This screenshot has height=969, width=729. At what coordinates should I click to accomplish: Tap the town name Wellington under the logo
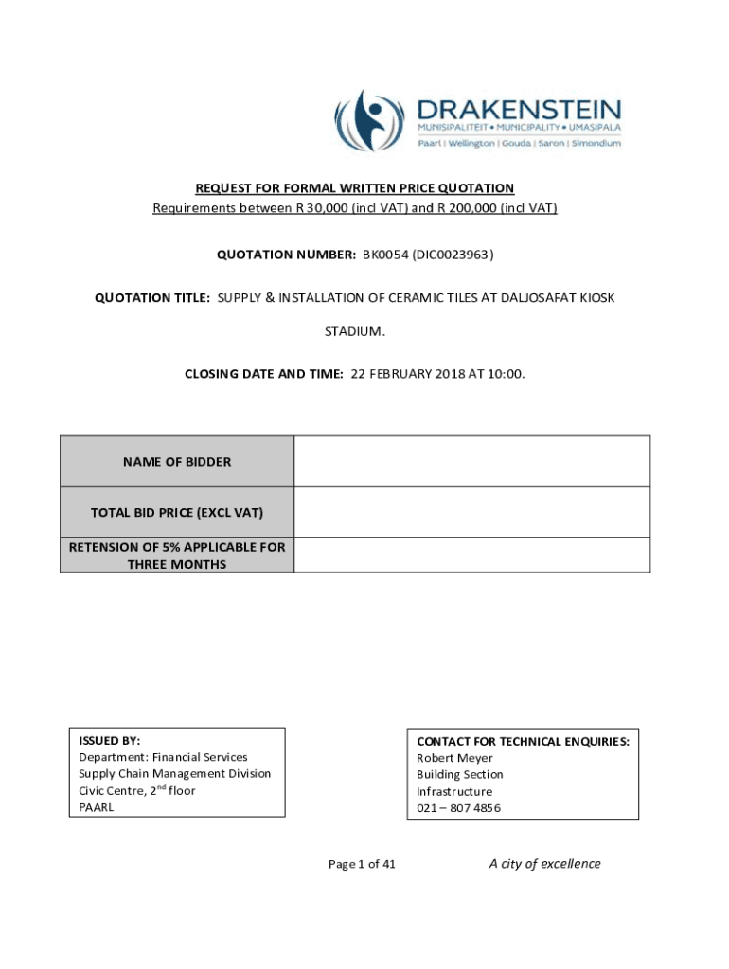(x=471, y=143)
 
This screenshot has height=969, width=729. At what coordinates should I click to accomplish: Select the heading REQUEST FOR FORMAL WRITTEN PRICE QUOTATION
(x=355, y=188)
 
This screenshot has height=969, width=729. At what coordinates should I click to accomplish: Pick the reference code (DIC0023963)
(x=453, y=255)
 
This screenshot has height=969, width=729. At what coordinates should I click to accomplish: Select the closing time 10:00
(x=506, y=374)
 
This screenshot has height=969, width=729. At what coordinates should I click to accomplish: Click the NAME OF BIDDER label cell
(x=177, y=462)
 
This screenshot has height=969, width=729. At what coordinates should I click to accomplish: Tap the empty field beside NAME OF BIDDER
(x=471, y=462)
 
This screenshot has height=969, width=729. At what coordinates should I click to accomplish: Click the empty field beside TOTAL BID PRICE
(x=471, y=513)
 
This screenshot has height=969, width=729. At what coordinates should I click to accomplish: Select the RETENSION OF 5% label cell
(x=177, y=555)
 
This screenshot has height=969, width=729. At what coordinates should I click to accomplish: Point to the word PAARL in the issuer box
(x=97, y=807)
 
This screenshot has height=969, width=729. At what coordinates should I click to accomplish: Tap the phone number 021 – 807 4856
(x=459, y=808)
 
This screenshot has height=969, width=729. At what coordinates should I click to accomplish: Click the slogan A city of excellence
(x=544, y=863)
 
